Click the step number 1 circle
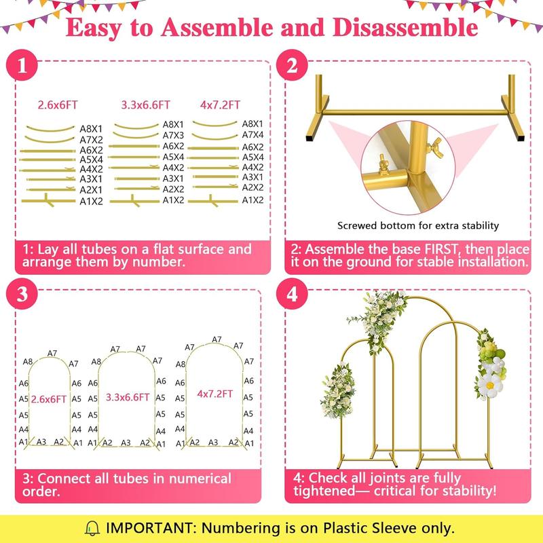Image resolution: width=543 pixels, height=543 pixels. click(x=24, y=67)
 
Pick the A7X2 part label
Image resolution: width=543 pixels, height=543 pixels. click(x=91, y=138)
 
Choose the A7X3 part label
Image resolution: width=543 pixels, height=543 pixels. click(x=174, y=135)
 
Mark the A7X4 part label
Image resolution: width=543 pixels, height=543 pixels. click(x=252, y=135)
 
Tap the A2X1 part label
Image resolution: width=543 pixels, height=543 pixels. click(x=91, y=190)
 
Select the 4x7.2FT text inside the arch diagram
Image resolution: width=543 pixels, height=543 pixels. click(x=215, y=394)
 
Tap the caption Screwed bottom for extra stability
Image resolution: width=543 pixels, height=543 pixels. click(x=418, y=225)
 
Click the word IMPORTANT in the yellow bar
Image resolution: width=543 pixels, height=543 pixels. click(x=147, y=527)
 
